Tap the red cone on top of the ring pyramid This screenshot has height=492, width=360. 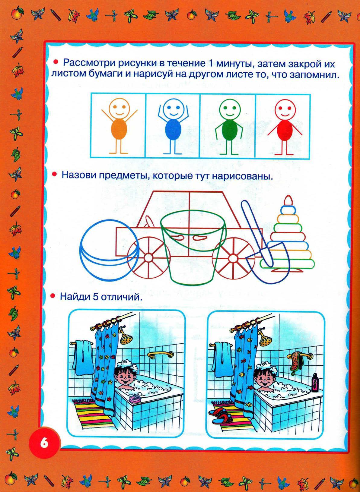pos(288,200)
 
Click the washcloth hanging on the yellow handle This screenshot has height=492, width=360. pos(296,362)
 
